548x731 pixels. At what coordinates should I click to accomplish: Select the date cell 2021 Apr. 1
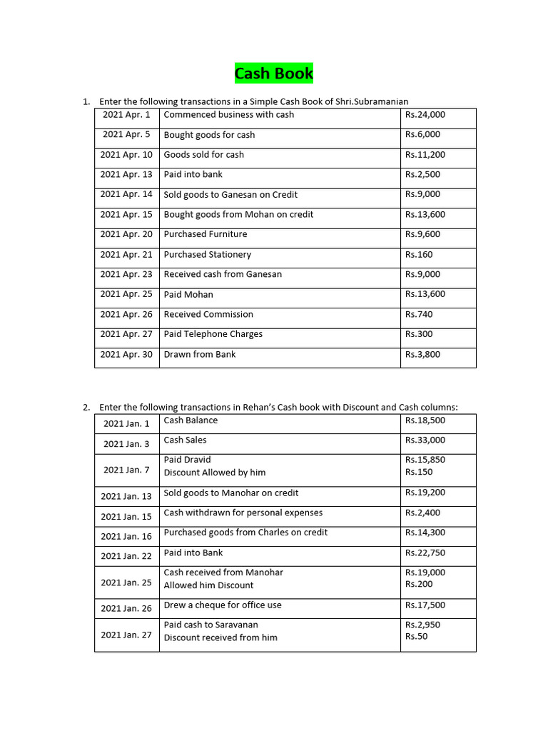[x=126, y=115]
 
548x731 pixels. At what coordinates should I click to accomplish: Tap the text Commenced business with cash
[x=228, y=115]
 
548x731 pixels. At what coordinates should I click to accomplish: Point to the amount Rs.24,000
[x=425, y=115]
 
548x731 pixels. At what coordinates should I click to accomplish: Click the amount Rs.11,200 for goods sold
[x=425, y=155]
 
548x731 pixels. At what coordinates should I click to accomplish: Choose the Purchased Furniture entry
[x=205, y=234]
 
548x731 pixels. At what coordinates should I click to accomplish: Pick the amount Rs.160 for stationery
[x=419, y=255]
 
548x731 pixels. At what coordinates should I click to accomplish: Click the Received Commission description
[x=208, y=314]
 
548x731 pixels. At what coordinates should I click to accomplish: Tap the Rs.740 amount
[x=419, y=314]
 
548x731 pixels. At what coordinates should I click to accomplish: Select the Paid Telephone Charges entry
[x=213, y=334]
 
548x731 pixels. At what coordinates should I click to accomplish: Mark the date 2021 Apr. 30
[x=126, y=355]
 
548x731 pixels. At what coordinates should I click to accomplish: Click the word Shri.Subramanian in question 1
[x=373, y=101]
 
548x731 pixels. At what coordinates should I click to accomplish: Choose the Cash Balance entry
[x=191, y=420]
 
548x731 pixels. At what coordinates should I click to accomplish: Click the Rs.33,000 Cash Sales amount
[x=425, y=440]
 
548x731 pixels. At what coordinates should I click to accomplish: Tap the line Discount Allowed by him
[x=215, y=473]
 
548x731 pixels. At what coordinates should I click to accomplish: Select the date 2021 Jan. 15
[x=126, y=517]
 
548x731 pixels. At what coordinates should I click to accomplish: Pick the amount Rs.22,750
[x=425, y=553]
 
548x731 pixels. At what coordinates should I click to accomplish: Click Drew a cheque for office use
[x=223, y=605]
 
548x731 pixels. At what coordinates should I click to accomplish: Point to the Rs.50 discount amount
[x=416, y=637]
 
